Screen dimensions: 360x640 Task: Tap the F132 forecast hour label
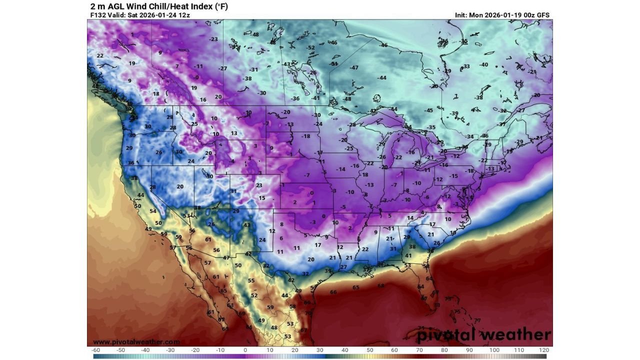(x=98, y=15)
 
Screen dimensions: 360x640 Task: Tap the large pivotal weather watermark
(x=484, y=334)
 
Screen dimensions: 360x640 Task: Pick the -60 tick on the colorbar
(x=96, y=350)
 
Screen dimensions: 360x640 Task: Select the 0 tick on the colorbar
(x=245, y=350)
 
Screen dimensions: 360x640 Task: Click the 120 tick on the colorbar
(x=544, y=350)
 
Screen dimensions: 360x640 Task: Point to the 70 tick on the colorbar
(x=419, y=350)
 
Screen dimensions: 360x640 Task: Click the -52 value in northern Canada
(x=311, y=48)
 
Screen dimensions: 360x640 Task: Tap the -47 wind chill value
(x=354, y=67)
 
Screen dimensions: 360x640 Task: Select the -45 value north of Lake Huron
(x=428, y=110)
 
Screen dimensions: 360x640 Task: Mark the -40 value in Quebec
(x=483, y=65)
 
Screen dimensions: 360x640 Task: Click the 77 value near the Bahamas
(x=477, y=320)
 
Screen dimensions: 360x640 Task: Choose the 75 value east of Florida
(x=457, y=311)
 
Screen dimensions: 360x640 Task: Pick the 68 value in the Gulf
(x=381, y=286)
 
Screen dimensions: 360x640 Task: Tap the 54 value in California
(x=153, y=211)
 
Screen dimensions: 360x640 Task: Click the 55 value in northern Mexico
(x=251, y=281)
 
